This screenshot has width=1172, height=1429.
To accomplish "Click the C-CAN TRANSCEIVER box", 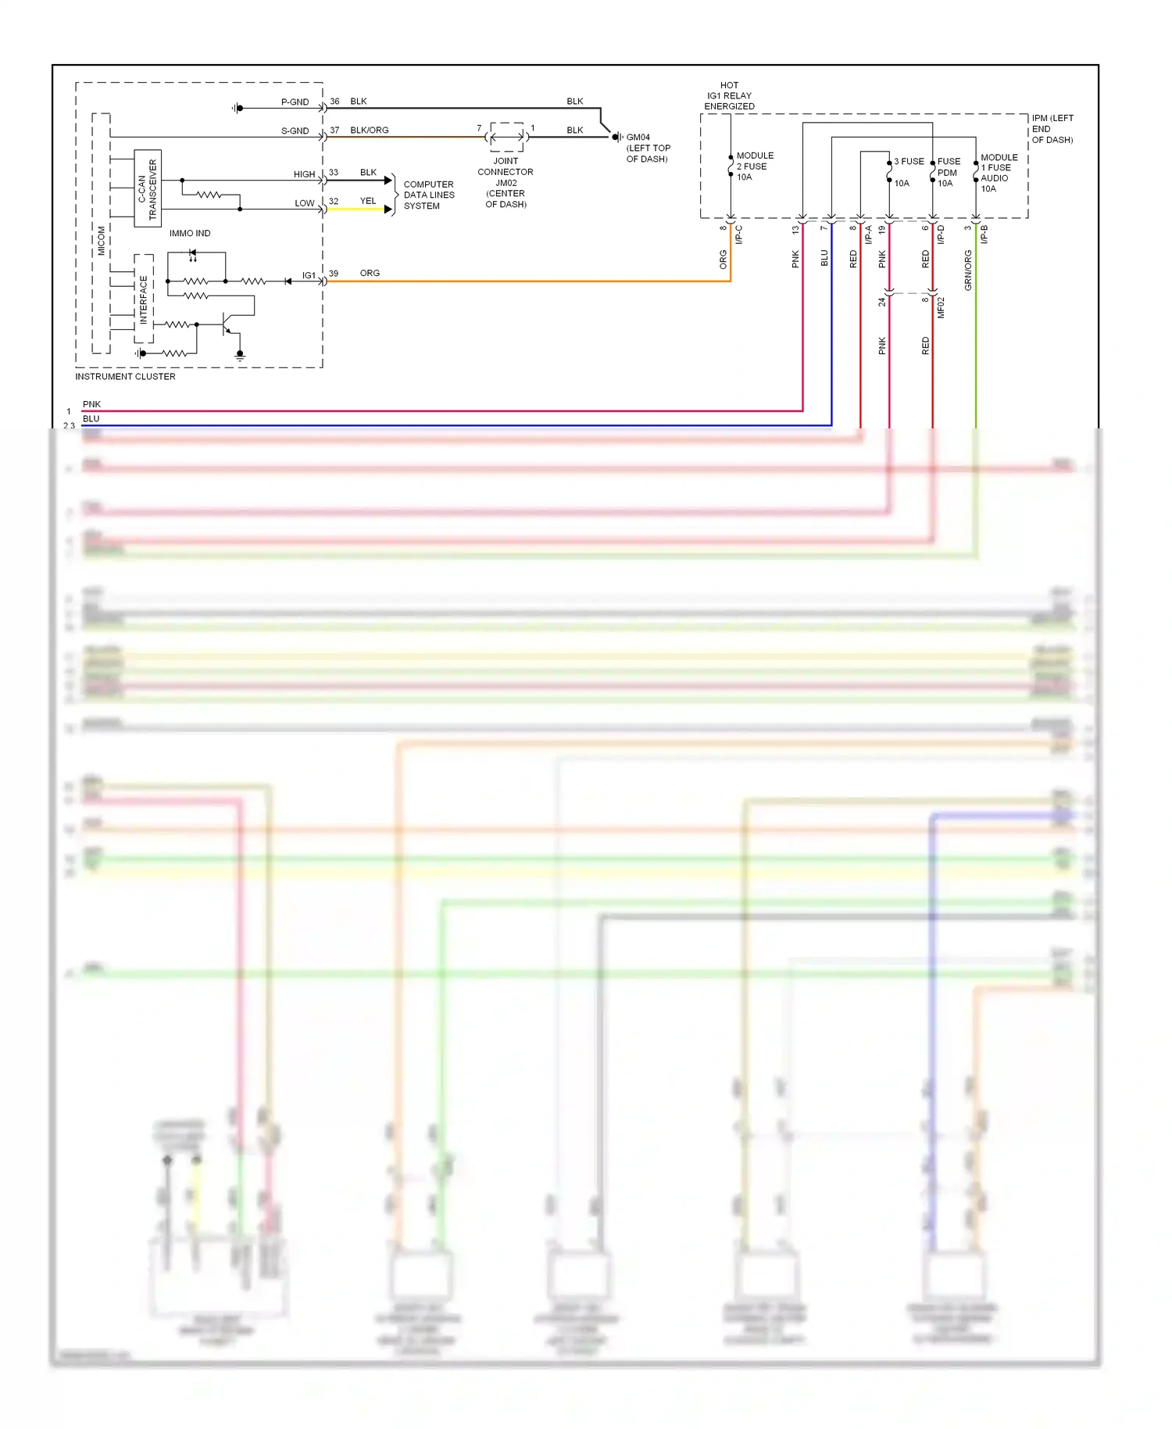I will tap(147, 188).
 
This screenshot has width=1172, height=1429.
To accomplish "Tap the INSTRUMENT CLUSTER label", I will tap(125, 377).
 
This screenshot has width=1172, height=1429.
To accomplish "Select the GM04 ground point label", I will tap(638, 138).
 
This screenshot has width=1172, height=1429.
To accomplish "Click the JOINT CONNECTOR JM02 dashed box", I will tap(506, 137).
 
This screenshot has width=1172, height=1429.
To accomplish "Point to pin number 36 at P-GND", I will tap(334, 102).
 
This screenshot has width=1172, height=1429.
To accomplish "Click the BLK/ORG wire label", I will tap(369, 131).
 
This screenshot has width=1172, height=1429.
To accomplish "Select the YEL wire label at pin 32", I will tap(368, 202).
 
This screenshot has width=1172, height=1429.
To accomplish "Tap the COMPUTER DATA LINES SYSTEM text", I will tap(428, 195).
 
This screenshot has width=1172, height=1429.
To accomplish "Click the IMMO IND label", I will tap(190, 234).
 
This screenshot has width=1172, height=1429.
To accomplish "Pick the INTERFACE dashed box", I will tap(144, 299).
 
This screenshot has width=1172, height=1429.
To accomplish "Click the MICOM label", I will tap(102, 241).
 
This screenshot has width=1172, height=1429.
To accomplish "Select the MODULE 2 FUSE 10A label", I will tap(754, 167).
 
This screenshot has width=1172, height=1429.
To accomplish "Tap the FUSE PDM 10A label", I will tap(948, 173).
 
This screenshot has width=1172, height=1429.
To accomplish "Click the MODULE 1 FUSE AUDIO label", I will tap(998, 173).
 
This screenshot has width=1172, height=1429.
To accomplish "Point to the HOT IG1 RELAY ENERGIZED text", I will tap(729, 96).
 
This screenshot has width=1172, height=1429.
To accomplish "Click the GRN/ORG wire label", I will tap(968, 270).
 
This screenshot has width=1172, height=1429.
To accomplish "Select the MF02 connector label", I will tap(942, 307).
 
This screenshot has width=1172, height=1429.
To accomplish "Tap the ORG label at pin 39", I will tap(370, 274).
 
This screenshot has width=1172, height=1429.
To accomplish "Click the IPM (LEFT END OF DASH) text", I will tap(1052, 129).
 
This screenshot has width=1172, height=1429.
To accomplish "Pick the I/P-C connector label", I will tap(739, 235).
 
